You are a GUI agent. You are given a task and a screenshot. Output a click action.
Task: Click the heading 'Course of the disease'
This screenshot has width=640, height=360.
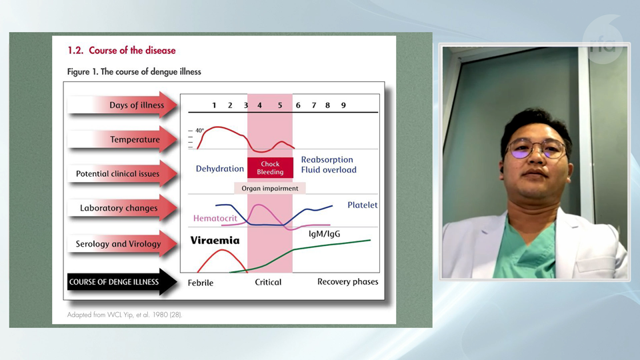click(x=132, y=51)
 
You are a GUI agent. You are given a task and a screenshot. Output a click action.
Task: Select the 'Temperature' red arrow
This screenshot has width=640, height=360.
click(x=123, y=139)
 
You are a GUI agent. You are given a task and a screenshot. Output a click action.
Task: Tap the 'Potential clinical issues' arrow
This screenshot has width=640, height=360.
click(x=123, y=173)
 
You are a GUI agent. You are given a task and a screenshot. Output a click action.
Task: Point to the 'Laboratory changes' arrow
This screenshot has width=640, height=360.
click(x=123, y=208)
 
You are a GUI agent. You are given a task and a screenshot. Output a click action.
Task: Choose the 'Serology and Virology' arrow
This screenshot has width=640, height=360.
click(x=123, y=244)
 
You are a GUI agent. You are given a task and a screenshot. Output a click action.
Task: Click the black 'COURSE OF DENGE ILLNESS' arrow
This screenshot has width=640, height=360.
click(x=122, y=281)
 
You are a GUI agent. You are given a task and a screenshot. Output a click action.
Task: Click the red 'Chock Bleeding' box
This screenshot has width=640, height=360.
click(x=270, y=168)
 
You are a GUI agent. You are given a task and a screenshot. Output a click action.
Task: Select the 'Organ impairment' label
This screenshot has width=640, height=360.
click(x=270, y=188)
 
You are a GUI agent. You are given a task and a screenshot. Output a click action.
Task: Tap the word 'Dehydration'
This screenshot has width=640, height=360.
click(x=219, y=169)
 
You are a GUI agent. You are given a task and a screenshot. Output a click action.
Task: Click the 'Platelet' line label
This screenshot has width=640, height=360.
click(x=363, y=205)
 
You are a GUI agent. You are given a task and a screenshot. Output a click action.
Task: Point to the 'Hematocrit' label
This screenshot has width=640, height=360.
click(x=215, y=219)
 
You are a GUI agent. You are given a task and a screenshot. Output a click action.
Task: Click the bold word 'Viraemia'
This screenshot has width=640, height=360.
click(x=215, y=241)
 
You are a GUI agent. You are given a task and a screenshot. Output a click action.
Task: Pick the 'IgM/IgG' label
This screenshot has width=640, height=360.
click(x=324, y=234)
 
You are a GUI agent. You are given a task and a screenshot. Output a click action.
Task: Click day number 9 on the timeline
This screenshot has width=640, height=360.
click(x=343, y=105)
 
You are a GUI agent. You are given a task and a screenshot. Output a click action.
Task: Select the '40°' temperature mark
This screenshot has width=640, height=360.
click(x=199, y=131)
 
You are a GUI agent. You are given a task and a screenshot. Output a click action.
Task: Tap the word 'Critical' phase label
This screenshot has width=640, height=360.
click(x=268, y=282)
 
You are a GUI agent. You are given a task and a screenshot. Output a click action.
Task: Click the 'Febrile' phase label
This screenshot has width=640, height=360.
click(x=201, y=283)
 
